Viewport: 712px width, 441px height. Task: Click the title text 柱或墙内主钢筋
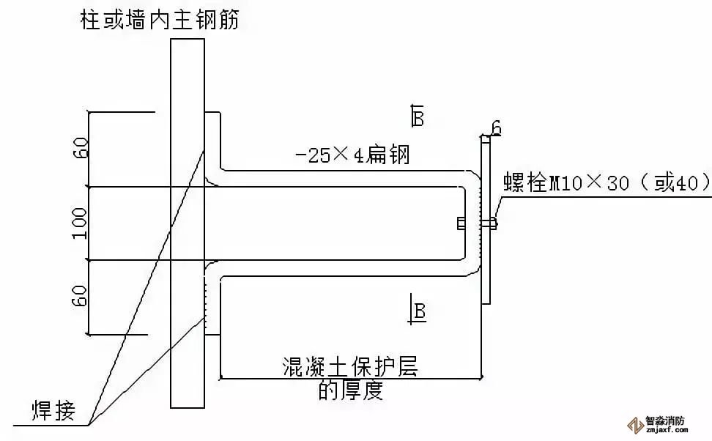tap(160, 18)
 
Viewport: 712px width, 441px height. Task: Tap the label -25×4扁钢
tap(351, 155)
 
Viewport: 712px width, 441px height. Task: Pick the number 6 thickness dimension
tap(496, 129)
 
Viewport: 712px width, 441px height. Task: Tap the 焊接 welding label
tap(53, 409)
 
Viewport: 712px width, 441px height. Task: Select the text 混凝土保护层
tap(349, 366)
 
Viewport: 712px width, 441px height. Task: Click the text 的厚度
tap(350, 391)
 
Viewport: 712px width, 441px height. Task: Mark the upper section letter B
tap(418, 116)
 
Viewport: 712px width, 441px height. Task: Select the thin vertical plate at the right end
tap(486, 220)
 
